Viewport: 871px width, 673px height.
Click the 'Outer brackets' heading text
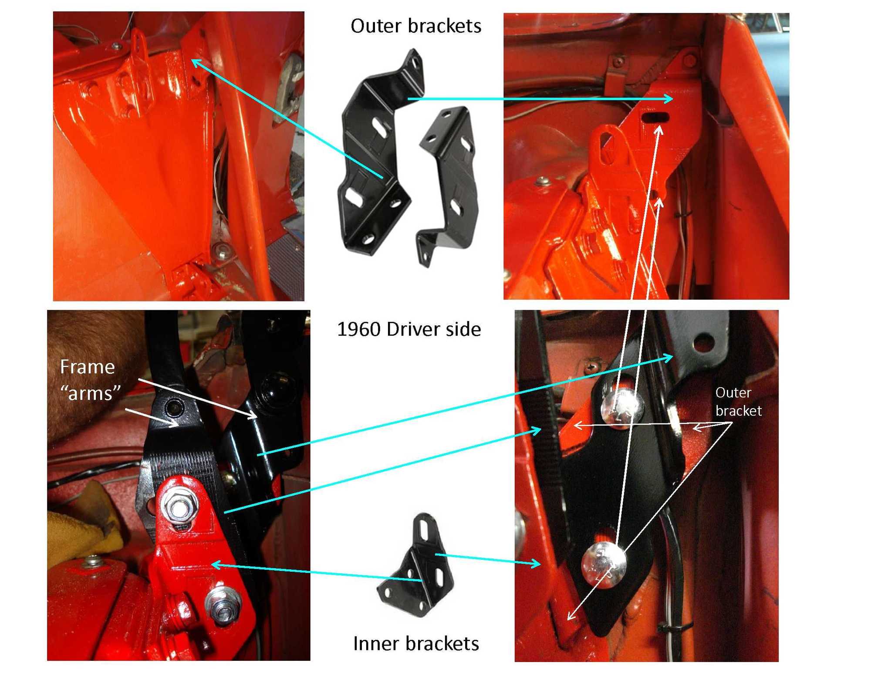(415, 26)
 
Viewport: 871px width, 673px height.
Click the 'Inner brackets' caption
(415, 643)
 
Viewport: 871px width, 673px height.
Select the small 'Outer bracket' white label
(738, 401)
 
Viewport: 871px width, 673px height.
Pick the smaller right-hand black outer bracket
(449, 183)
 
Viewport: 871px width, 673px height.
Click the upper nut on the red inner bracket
(179, 508)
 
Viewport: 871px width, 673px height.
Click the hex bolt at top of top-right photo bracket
(689, 60)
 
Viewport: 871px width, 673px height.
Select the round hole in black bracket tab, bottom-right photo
(702, 342)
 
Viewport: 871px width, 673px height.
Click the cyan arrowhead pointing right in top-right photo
(669, 99)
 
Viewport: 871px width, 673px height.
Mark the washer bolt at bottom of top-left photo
(223, 250)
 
